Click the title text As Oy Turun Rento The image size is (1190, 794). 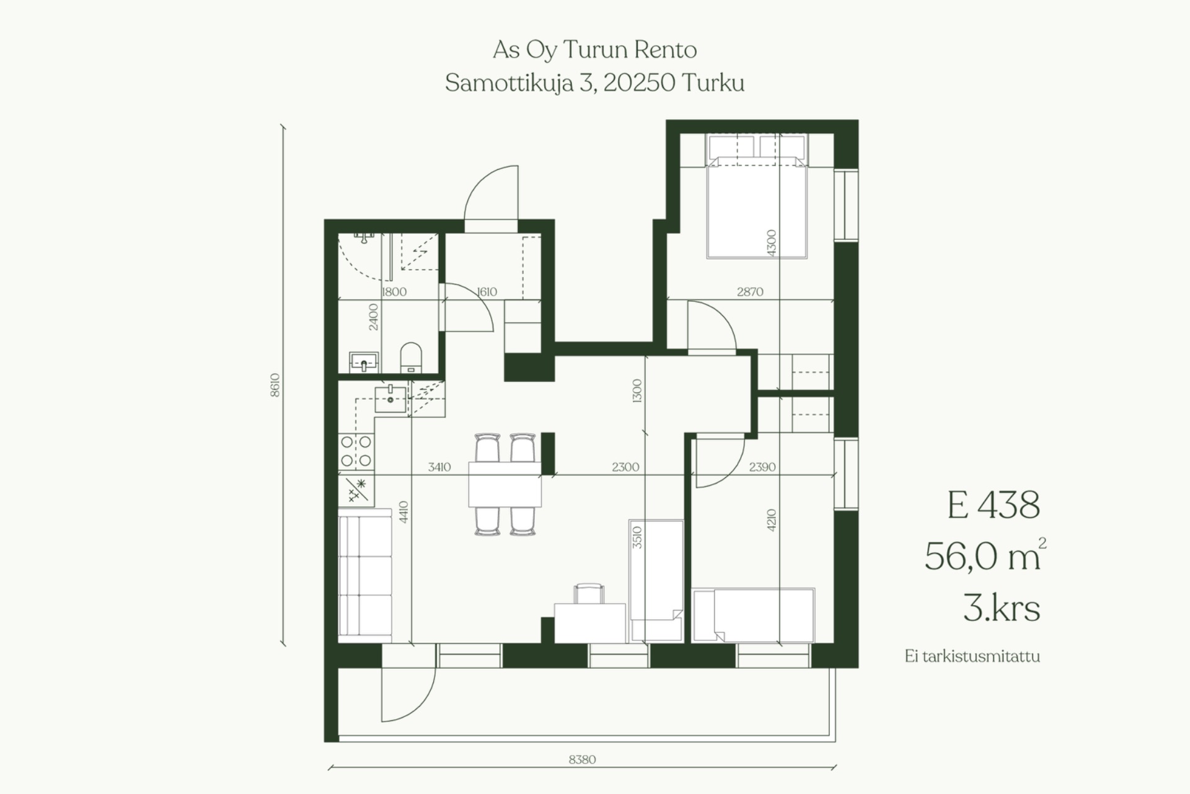[x=595, y=50]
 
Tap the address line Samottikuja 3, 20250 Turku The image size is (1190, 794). [x=595, y=83]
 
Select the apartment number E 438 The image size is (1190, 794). [x=994, y=505]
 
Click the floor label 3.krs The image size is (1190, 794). [x=1002, y=608]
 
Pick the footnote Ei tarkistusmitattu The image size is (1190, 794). [x=972, y=656]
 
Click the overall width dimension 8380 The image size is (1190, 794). [x=582, y=760]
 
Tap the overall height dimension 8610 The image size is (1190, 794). [x=275, y=385]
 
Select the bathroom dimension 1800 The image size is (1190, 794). [x=394, y=292]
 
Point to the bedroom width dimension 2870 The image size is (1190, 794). [x=750, y=291]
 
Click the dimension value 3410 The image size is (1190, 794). [x=439, y=467]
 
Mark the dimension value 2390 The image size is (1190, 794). [x=762, y=467]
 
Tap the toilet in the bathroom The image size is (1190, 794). [x=410, y=358]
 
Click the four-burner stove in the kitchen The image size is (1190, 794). [x=356, y=451]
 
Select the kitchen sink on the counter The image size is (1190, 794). [x=390, y=399]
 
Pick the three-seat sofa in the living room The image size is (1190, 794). [x=366, y=575]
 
